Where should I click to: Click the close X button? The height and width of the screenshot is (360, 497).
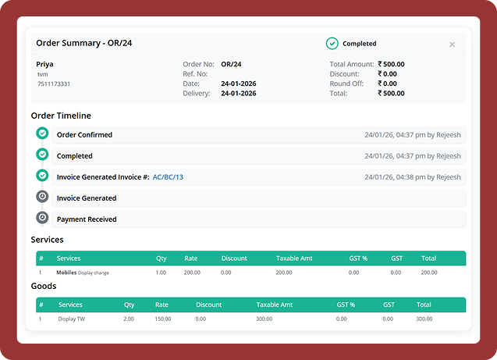coord(452,45)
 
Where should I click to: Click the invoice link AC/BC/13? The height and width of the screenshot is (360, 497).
coord(168,177)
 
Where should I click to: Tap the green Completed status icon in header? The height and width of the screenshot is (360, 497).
coord(332,44)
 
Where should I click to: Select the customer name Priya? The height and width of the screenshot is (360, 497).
coord(45,64)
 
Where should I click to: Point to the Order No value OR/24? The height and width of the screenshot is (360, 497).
coord(231,64)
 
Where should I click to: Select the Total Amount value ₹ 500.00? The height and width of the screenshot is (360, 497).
coord(391,64)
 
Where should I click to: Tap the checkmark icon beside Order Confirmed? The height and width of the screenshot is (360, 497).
coord(42,134)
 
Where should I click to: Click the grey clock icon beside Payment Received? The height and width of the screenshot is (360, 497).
coord(42,219)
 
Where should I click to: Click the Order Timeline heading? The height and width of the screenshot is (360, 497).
coord(61,116)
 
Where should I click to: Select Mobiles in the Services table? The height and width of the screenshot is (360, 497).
coord(66,273)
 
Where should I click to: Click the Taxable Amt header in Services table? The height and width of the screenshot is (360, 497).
coord(295,258)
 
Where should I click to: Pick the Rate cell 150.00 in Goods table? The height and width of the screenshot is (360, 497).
coord(162,319)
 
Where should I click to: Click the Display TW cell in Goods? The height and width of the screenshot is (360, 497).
coord(73,319)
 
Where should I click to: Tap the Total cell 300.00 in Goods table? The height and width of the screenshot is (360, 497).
coord(424,319)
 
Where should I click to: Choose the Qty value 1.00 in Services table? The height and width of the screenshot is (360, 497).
coord(161,273)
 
